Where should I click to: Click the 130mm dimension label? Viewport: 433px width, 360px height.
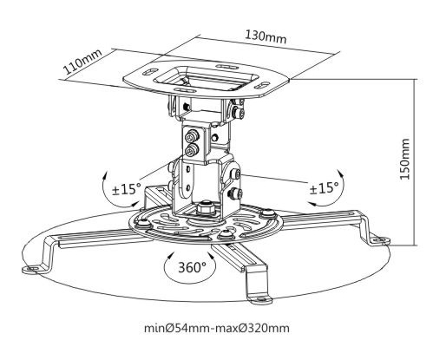coord(266,37)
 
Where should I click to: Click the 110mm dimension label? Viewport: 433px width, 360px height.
coord(83,62)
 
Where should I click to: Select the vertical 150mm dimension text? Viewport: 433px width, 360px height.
coord(405,159)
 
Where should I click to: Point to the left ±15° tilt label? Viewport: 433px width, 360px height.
coord(127,189)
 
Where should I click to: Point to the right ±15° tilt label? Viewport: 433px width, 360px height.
coord(325,188)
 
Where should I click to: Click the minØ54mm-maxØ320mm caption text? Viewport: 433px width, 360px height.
coord(217,328)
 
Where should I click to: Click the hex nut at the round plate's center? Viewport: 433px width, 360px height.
coord(205,207)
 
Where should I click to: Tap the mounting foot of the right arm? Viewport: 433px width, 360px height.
coord(381,240)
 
